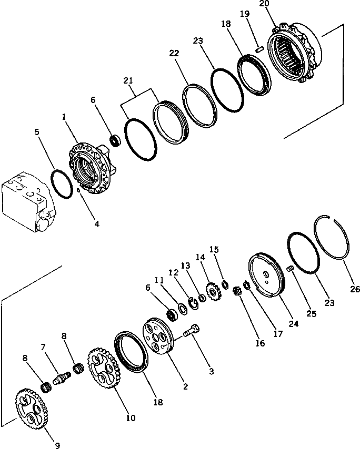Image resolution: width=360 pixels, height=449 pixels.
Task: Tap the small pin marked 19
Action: [x=259, y=49]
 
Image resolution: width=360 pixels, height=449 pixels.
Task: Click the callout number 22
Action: [x=174, y=53]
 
